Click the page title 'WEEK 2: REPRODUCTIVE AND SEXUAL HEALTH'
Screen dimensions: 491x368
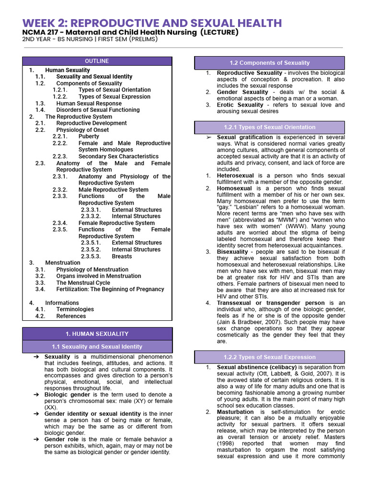tap(152, 23)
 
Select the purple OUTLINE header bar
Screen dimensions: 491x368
tap(97, 61)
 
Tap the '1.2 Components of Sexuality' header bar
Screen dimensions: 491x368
tap(269, 63)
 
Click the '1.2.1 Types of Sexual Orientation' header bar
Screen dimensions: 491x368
tap(269, 128)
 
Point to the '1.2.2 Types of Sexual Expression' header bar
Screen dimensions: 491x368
tap(269, 357)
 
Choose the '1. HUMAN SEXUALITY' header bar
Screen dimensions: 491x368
tap(97, 334)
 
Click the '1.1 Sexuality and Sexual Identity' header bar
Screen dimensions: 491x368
tap(97, 347)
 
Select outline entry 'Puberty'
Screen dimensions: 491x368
tap(89, 137)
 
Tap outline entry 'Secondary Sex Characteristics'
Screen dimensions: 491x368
tap(118, 156)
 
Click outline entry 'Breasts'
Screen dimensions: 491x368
tap(122, 256)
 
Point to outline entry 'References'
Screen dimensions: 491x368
tap(71, 316)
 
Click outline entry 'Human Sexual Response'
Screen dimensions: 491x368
tap(85, 103)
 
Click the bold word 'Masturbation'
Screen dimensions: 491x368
tap(235, 412)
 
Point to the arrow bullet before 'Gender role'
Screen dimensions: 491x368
tap(36, 439)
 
